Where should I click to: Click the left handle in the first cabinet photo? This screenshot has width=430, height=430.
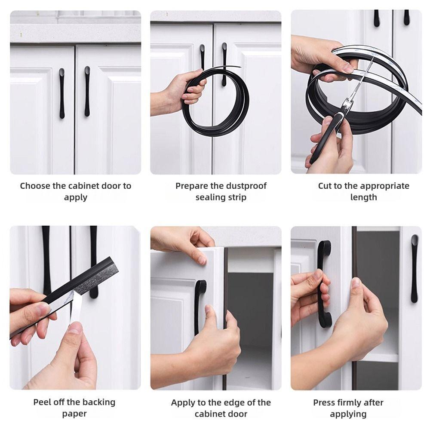62,93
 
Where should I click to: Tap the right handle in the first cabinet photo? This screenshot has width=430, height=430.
87,92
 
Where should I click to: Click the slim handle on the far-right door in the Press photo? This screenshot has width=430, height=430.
414,268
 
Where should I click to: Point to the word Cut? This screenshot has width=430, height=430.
325,186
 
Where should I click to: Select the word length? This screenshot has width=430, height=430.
363,197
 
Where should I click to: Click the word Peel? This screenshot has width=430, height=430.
42,402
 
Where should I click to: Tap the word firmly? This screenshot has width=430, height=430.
348,403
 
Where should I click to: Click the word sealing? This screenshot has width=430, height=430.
210,197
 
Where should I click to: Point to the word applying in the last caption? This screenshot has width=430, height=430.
348,414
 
